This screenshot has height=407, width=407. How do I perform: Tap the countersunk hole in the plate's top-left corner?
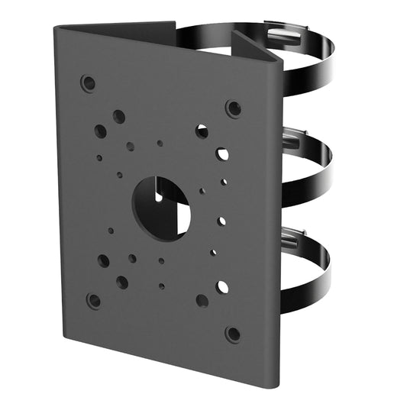[x=89, y=82]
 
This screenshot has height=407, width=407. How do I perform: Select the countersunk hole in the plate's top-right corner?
[x=233, y=108]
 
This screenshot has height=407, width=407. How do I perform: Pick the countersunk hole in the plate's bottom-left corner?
[x=93, y=300]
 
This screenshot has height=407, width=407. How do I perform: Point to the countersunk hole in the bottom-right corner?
[x=233, y=334]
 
